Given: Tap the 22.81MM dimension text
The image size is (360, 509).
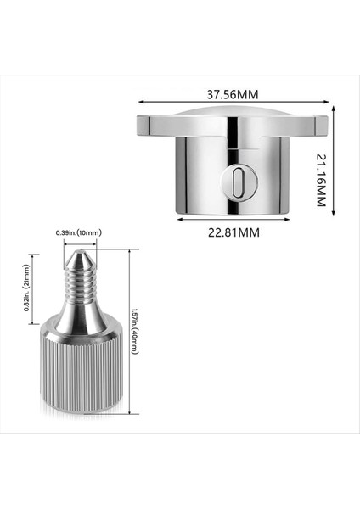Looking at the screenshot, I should click(233, 232).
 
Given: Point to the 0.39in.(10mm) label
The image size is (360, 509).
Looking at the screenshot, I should click(79, 232).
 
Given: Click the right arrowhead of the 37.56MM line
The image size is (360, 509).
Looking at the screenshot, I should click(325, 105).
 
